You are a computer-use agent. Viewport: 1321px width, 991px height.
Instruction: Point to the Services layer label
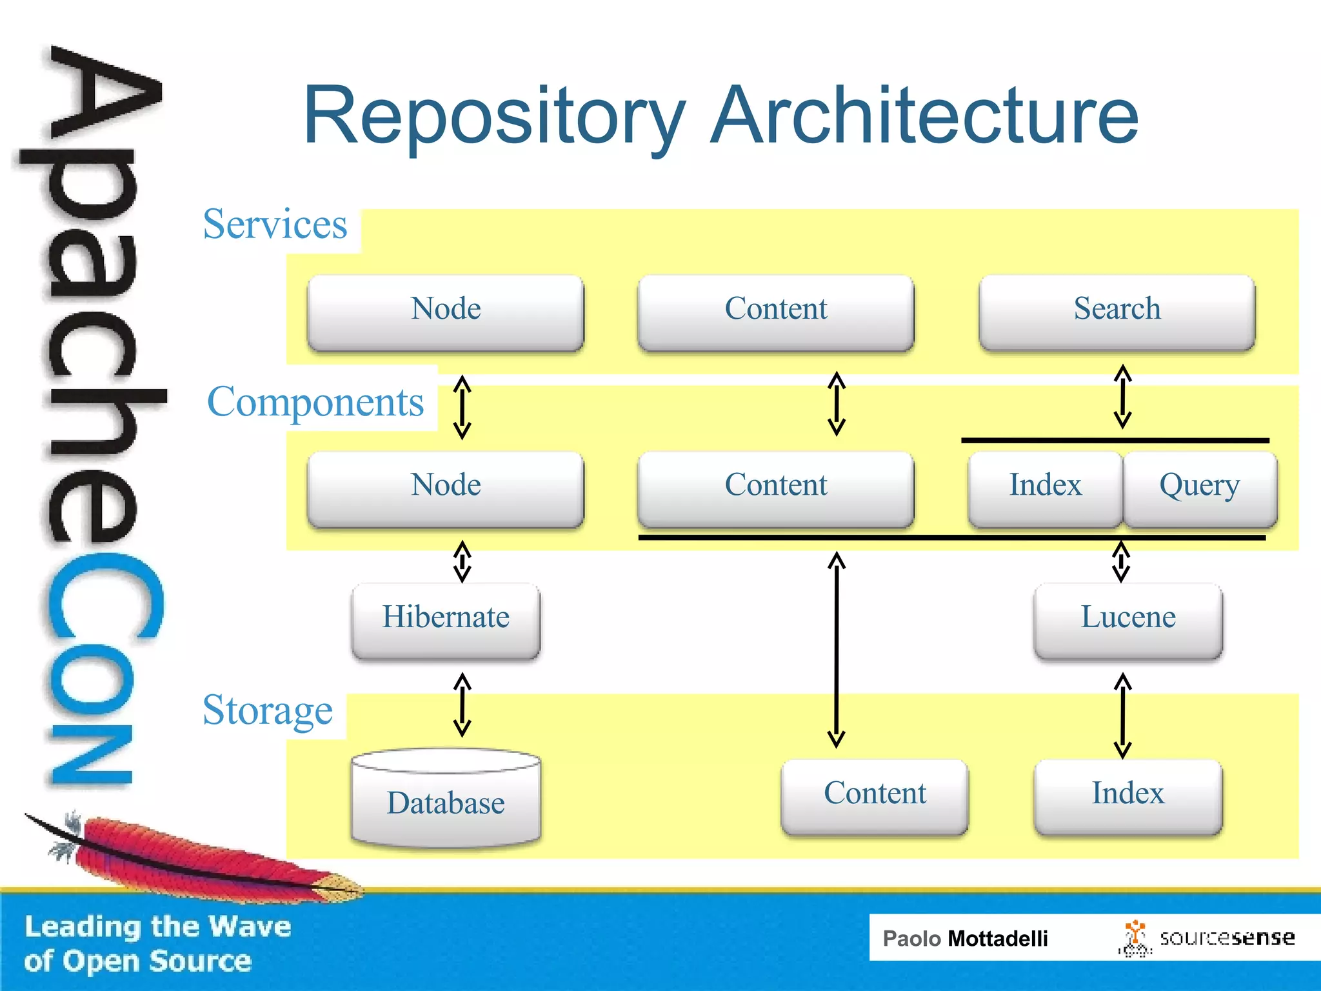pos(275,225)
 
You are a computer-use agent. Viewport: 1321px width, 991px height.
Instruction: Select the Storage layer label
pos(268,710)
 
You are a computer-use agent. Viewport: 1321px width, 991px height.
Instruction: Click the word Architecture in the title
pos(924,116)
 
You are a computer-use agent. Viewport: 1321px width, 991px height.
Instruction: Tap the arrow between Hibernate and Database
pos(462,705)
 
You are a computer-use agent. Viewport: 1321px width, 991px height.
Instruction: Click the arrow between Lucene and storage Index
pos(1122,715)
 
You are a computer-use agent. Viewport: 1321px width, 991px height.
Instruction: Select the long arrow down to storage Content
pos(837,648)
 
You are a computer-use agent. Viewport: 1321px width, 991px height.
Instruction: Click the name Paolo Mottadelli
pos(965,938)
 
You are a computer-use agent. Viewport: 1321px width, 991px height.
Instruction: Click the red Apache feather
pos(194,855)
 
